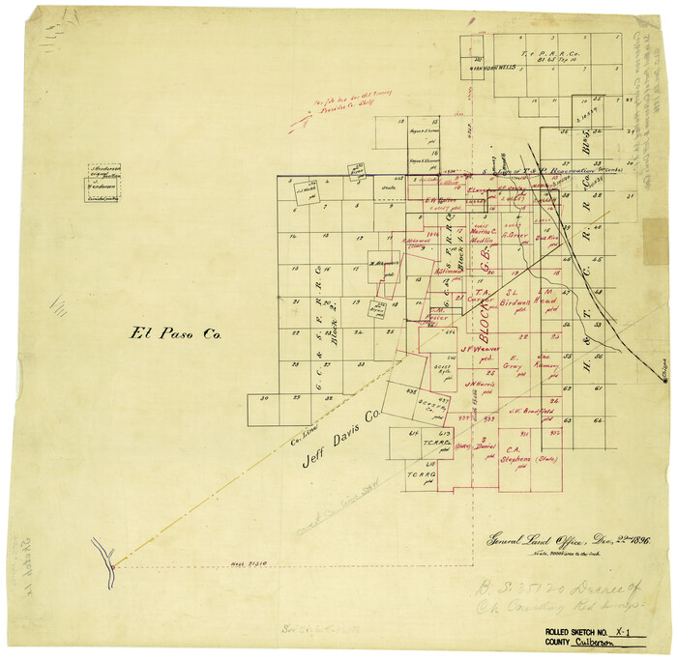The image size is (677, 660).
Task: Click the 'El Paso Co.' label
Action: [177, 334]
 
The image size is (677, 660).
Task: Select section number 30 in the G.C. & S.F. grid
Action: [264, 398]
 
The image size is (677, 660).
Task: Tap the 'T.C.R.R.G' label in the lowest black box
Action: [421, 474]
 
